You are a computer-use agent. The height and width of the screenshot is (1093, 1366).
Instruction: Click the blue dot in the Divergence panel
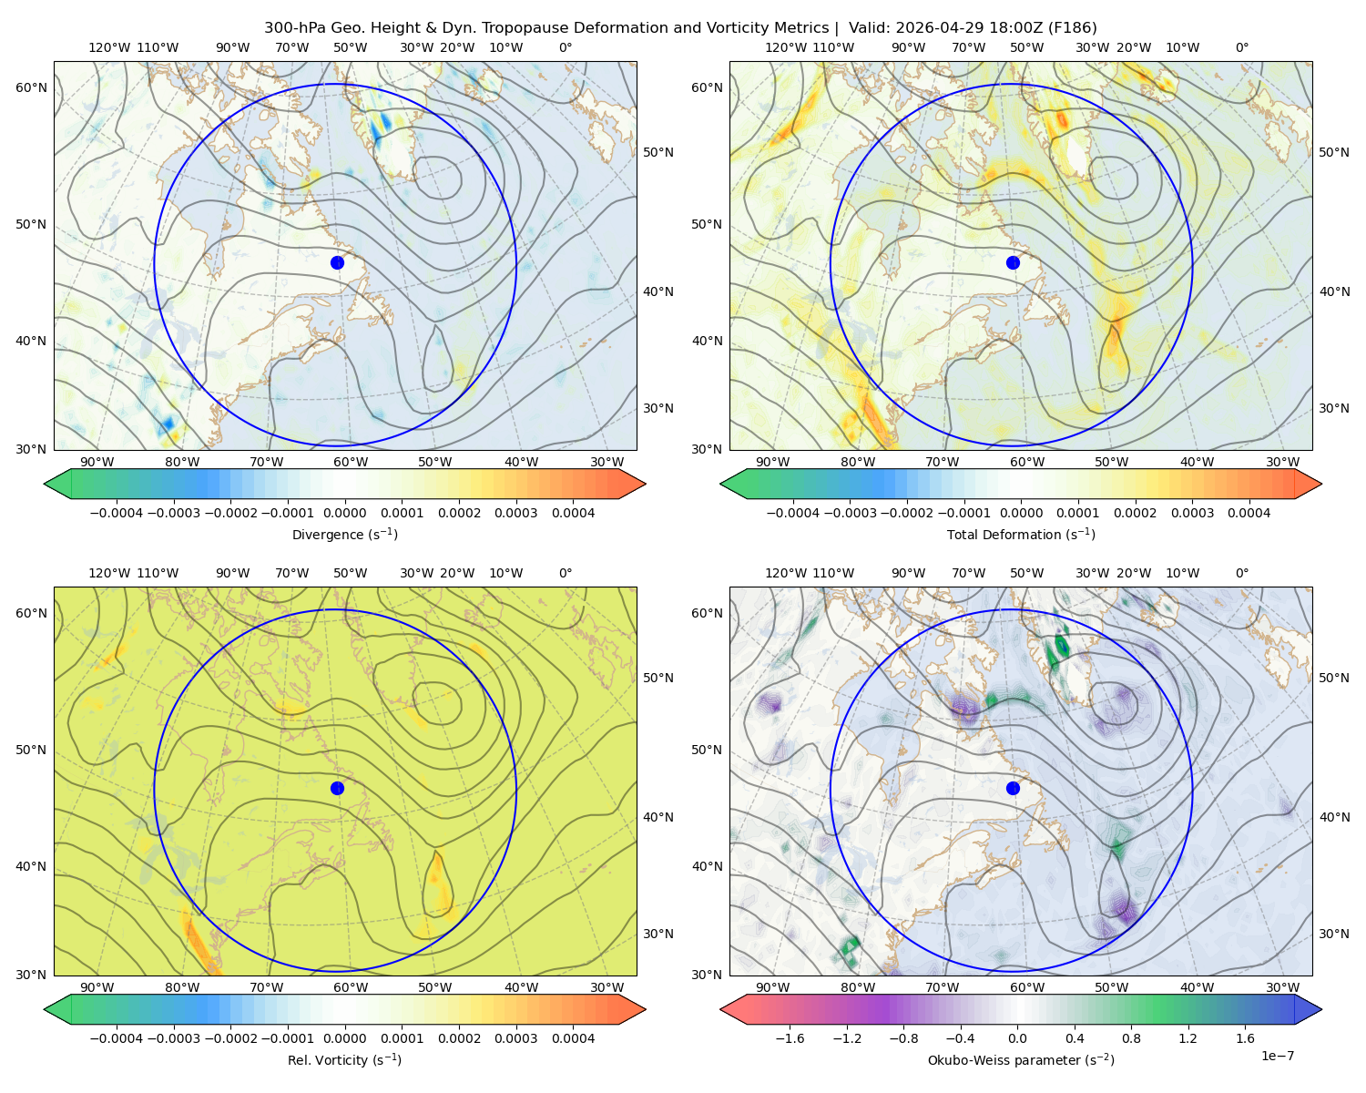pos(337,262)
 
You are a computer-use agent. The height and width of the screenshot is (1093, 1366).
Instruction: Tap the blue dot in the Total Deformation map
pos(1013,262)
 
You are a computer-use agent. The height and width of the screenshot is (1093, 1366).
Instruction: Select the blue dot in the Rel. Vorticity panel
pos(337,788)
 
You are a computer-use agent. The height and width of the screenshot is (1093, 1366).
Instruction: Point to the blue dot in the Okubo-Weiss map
pos(1013,788)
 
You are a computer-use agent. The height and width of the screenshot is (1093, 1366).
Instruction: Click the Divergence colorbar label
pos(344,534)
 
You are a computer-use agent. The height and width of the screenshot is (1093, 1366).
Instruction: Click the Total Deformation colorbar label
pos(1021,534)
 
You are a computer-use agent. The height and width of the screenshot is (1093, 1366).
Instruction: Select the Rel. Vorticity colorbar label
pos(344,1059)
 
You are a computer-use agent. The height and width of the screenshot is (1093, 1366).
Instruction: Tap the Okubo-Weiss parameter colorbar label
pos(1021,1059)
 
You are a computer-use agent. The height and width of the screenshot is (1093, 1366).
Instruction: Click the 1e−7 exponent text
pos(1277,1056)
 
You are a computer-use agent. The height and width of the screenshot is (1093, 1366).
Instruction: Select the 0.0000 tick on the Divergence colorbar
pos(344,513)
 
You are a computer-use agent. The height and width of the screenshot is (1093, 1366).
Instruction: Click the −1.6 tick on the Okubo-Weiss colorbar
pos(790,1038)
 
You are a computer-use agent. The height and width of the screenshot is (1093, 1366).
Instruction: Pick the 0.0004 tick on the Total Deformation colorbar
pos(1249,513)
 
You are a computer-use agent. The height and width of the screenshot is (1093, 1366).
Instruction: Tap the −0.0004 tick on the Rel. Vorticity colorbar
pos(117,1038)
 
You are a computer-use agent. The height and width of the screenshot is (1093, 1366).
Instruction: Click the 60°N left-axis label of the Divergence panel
pos(31,87)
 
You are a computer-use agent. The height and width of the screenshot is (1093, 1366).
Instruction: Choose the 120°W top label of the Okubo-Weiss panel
pos(786,573)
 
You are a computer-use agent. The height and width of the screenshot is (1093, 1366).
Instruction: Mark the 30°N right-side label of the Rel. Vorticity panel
pos(658,934)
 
